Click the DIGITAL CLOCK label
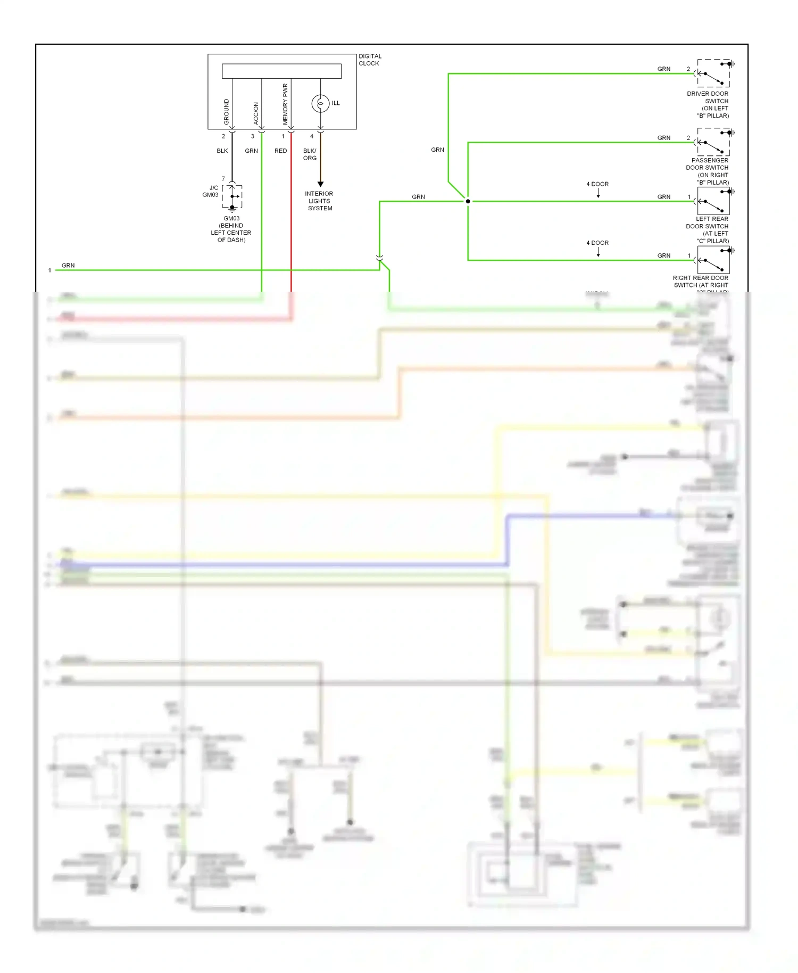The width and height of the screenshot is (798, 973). [370, 60]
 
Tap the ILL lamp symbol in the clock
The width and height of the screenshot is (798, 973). [320, 103]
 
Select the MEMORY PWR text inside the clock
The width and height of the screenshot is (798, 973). [285, 104]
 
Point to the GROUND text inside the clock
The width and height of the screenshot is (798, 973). [227, 112]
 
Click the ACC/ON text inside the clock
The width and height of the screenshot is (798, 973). [256, 113]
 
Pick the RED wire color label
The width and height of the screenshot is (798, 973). [280, 151]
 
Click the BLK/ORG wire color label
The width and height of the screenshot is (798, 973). [310, 154]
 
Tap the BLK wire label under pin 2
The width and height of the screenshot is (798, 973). [222, 151]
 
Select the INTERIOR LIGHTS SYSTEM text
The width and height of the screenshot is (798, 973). [319, 201]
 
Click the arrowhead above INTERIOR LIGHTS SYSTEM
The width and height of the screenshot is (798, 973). [320, 184]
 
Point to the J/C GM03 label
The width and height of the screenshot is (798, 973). [211, 192]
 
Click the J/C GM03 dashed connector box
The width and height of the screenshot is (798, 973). [232, 196]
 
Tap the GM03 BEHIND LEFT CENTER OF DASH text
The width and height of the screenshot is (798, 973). [231, 229]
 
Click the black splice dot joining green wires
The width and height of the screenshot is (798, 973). [468, 201]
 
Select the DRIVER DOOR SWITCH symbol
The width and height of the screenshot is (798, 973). [713, 73]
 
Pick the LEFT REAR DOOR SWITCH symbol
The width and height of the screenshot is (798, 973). [713, 201]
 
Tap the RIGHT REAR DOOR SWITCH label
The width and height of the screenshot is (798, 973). [701, 282]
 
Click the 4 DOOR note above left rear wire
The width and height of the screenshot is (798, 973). [597, 184]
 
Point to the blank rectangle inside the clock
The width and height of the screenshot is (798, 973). [281, 71]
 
